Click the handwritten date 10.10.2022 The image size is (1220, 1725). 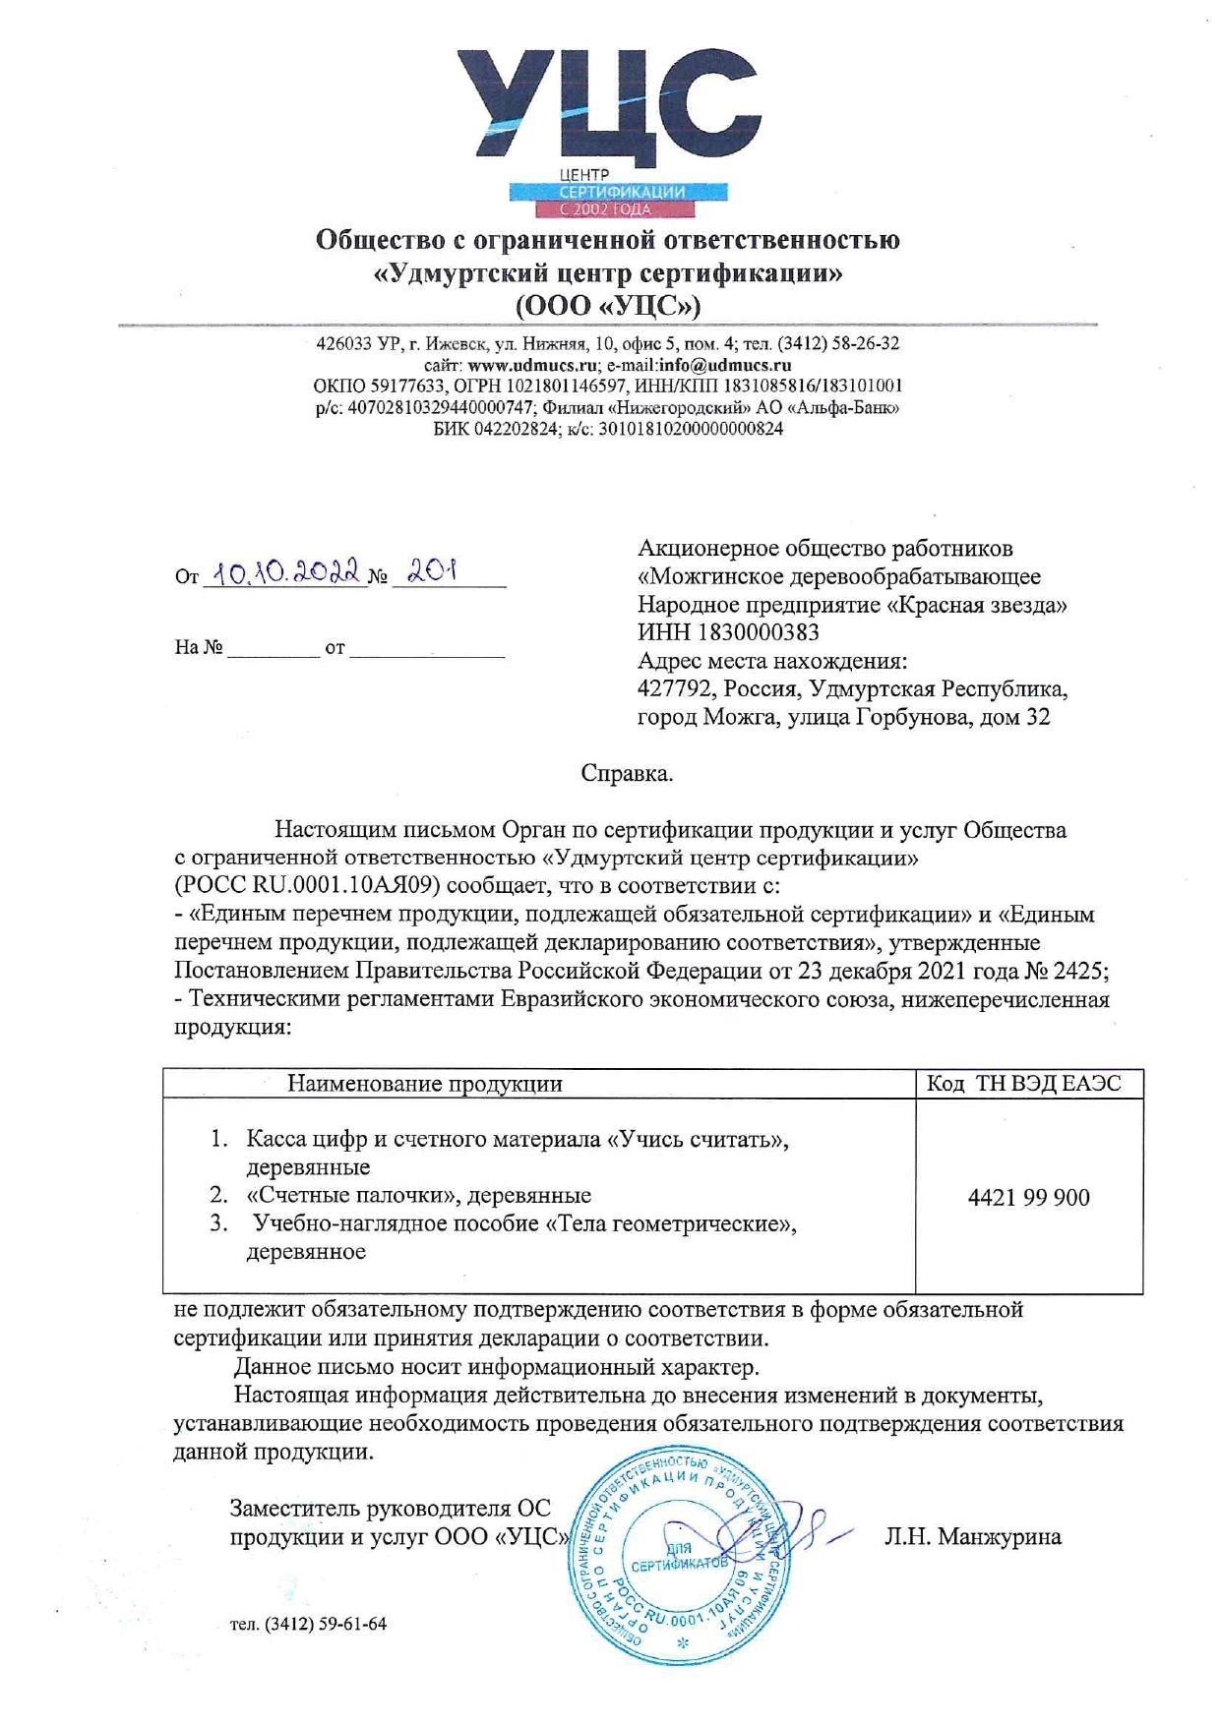coord(286,572)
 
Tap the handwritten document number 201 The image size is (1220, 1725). coord(433,570)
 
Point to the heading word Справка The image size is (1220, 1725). coord(627,773)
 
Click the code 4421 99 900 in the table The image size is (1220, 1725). coord(1028,1197)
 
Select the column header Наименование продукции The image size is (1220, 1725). coord(425,1084)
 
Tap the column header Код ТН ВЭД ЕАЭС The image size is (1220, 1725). coord(1023,1084)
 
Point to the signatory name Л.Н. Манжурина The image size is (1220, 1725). coord(972,1536)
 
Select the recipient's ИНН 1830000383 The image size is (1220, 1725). coord(758,632)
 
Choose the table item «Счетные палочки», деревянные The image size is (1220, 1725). coord(418,1195)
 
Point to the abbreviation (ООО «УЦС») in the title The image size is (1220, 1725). coord(608,306)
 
